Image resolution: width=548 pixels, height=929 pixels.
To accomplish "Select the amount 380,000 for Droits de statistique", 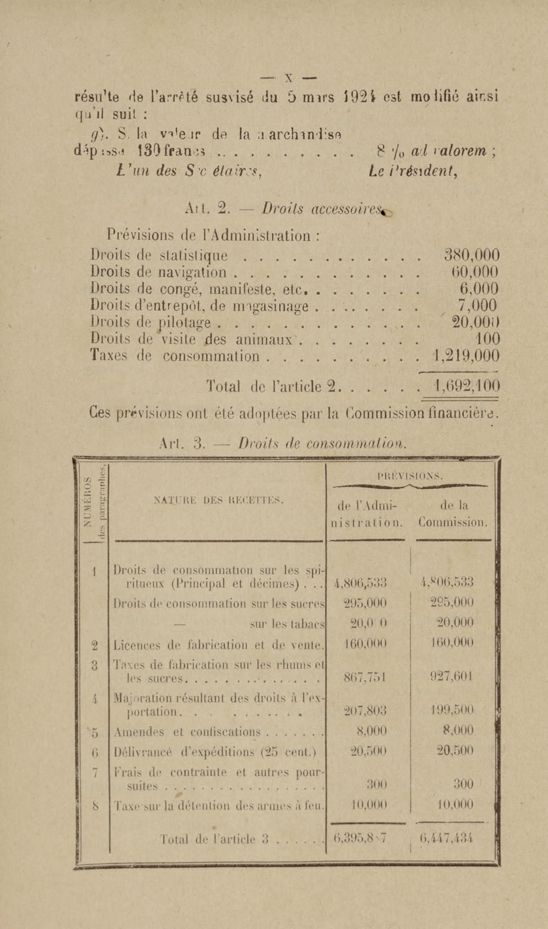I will click(472, 255).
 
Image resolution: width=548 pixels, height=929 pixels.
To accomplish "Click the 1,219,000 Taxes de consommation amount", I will click(466, 356).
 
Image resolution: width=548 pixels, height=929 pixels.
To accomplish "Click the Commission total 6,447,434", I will click(447, 838).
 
